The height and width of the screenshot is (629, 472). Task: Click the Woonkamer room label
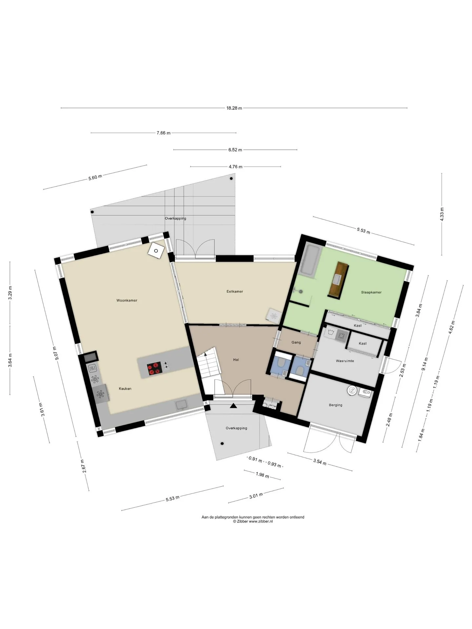click(x=127, y=300)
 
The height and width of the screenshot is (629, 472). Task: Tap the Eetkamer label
click(x=235, y=291)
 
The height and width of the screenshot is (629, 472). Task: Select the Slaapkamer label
click(x=371, y=292)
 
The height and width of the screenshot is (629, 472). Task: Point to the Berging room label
click(x=336, y=405)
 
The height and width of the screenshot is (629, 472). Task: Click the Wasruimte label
click(x=345, y=361)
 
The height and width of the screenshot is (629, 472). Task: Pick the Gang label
click(x=296, y=342)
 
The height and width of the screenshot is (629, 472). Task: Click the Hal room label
click(x=236, y=359)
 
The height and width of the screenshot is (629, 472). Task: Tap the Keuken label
click(x=125, y=389)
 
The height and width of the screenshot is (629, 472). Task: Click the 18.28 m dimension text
click(x=234, y=108)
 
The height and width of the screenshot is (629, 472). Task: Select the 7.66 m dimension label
click(x=164, y=133)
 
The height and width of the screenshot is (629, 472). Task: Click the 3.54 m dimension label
click(x=320, y=462)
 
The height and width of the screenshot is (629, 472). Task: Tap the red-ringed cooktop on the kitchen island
click(x=155, y=369)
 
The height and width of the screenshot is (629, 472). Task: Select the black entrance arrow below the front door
click(x=233, y=406)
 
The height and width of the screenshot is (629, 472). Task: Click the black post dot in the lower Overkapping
click(x=222, y=444)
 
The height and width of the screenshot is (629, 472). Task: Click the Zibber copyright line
click(x=253, y=522)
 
